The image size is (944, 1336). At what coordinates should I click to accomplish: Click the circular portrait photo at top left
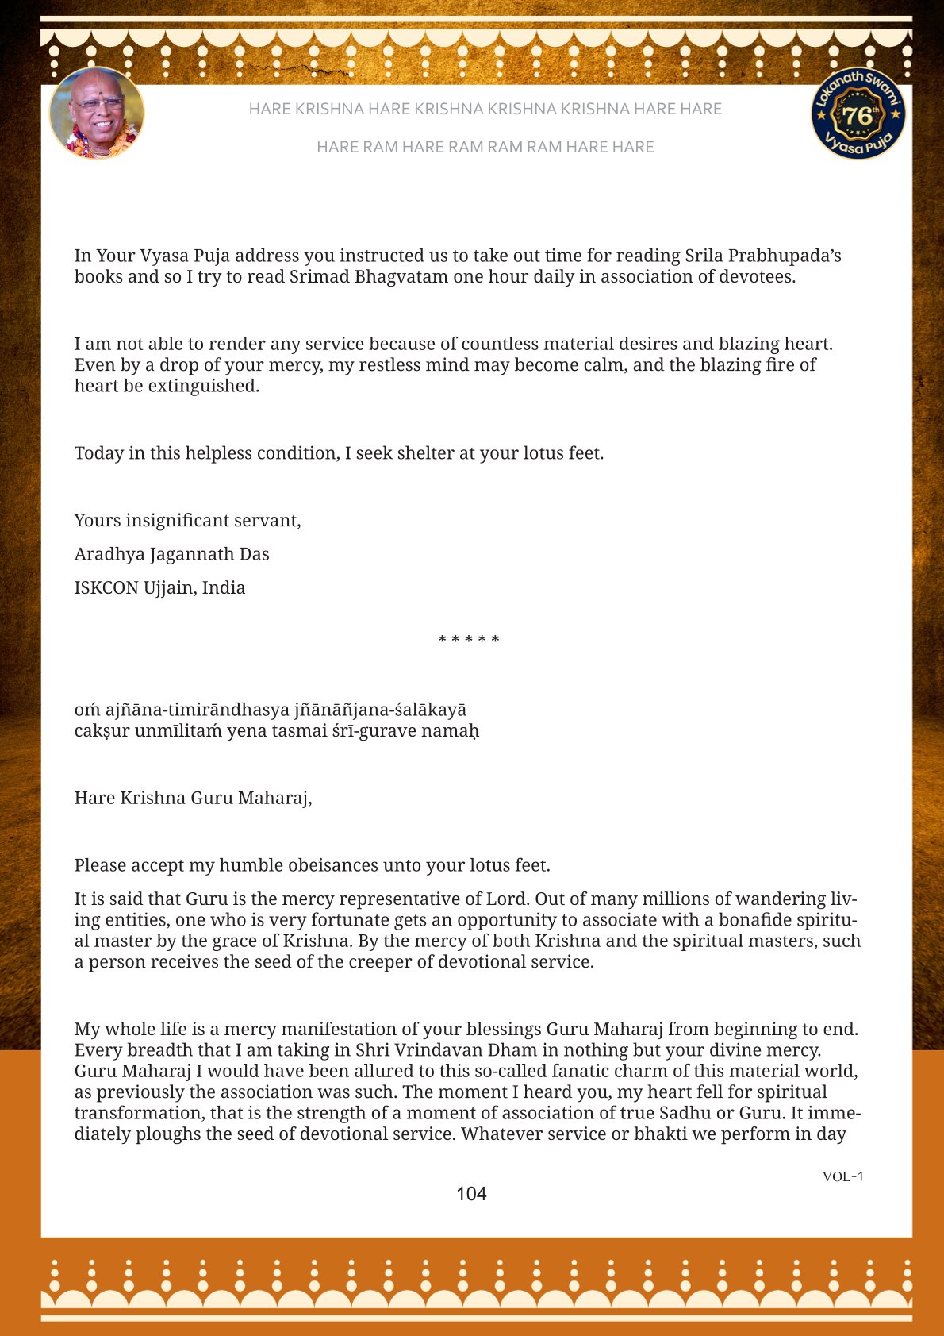97,114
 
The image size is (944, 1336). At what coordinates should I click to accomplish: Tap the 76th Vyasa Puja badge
858,114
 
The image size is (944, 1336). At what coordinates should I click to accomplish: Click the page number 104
471,1194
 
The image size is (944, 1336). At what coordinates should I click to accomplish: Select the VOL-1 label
842,1176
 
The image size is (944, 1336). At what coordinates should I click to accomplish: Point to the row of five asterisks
469,640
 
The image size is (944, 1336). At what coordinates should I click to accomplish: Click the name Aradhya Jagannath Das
171,554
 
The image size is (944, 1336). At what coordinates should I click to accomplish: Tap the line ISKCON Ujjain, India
159,587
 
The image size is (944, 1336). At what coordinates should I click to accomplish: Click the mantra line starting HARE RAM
485,147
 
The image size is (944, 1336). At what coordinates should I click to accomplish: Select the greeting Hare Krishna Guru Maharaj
193,798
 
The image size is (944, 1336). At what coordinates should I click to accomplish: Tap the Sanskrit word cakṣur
102,730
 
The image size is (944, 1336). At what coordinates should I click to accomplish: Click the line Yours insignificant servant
187,521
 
